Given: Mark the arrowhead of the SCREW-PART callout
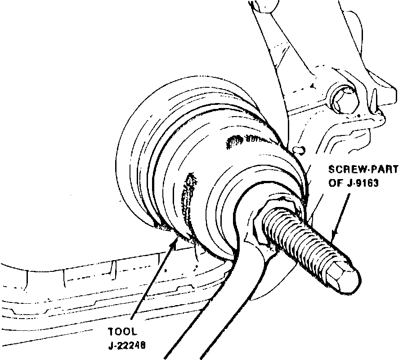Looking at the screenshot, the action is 333,236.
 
